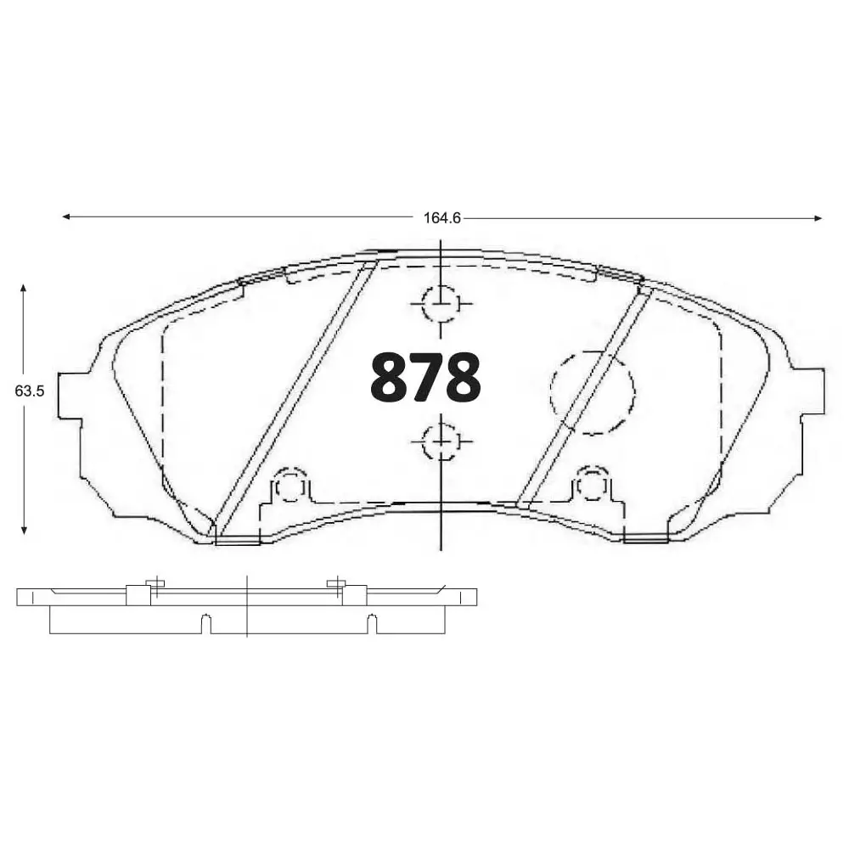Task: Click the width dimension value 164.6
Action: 441,218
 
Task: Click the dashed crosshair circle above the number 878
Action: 441,304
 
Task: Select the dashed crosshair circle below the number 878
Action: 441,441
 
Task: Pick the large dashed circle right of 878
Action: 593,392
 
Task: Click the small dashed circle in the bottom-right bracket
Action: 592,486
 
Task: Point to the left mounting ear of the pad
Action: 70,395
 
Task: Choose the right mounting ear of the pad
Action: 811,391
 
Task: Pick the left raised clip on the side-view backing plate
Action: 138,593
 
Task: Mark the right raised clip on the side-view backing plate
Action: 353,593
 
